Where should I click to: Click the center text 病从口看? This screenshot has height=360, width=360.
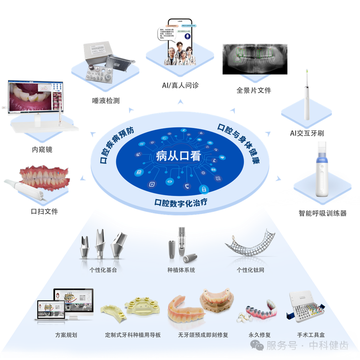coord(178,156)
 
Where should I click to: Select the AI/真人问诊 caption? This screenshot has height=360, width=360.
coord(180,86)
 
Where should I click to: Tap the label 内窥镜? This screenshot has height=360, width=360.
coord(42,149)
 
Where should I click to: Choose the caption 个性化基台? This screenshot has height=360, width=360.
coord(103,270)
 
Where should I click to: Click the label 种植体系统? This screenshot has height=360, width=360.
coord(181,270)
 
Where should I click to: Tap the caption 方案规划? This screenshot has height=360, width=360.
coord(66,335)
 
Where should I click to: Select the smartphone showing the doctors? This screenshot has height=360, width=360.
coord(180,43)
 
